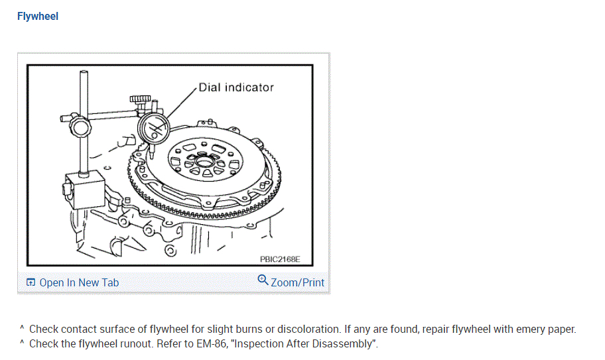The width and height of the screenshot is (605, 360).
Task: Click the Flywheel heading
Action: tap(38, 16)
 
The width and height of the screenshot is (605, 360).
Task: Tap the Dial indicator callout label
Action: tap(235, 87)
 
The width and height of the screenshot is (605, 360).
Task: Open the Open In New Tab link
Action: tap(79, 282)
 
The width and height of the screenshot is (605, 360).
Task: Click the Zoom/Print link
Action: tap(297, 282)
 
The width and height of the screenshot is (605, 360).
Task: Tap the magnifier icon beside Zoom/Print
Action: tap(263, 280)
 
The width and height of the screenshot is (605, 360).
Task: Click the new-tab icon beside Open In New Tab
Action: tap(31, 282)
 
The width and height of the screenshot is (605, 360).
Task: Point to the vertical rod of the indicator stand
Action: tap(84, 133)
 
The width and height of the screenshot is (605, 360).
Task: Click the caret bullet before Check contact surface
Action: tap(21, 328)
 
